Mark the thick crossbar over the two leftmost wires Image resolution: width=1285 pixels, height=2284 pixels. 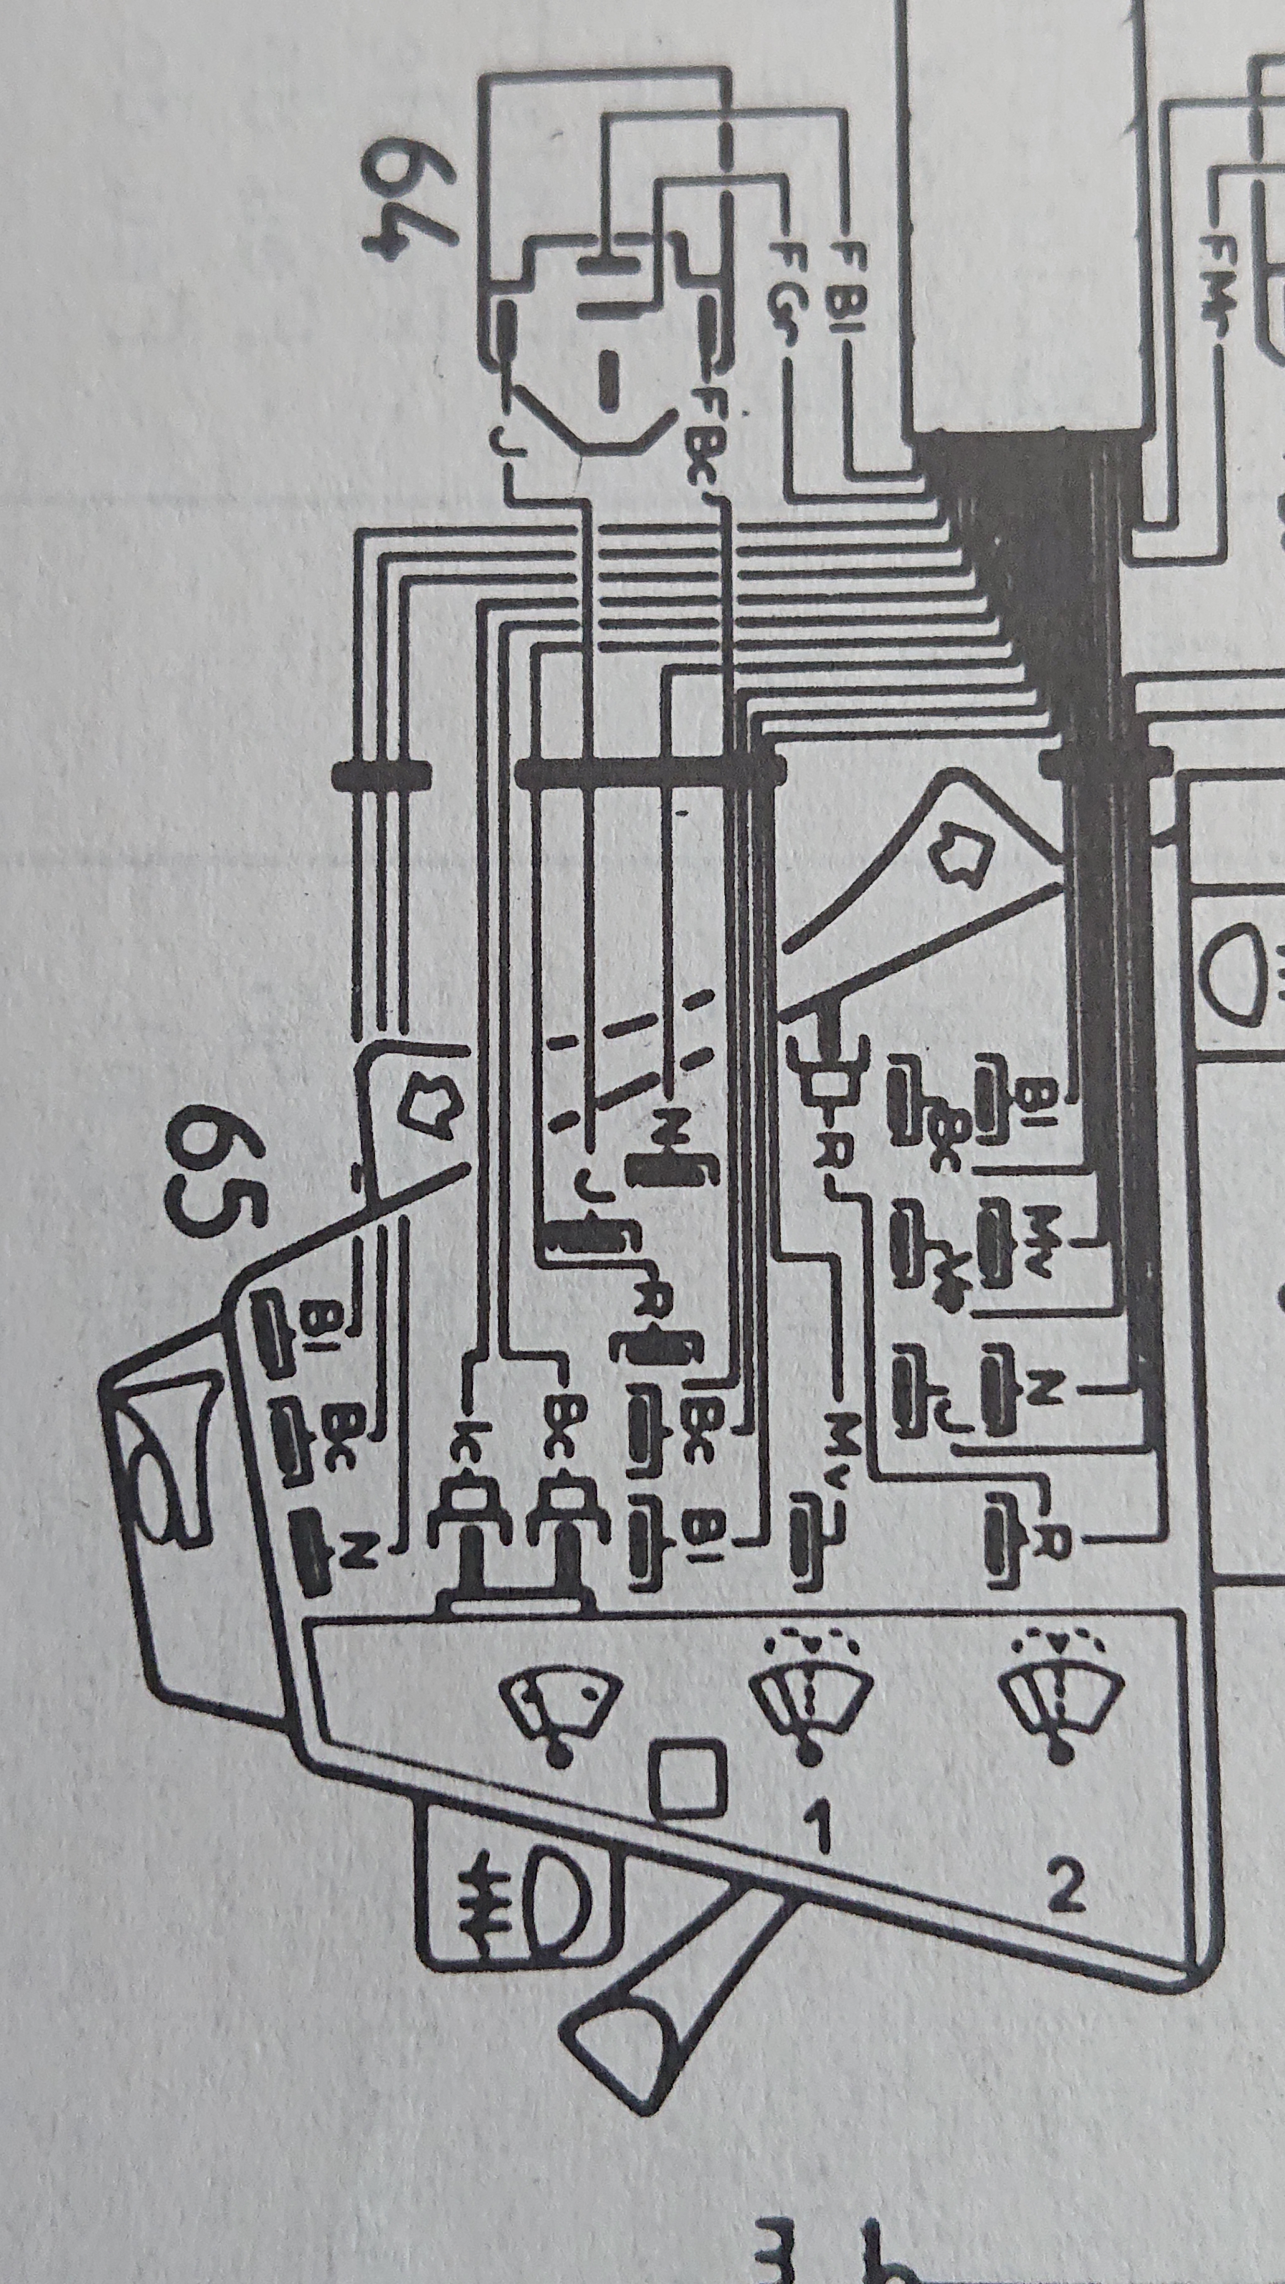381,774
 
